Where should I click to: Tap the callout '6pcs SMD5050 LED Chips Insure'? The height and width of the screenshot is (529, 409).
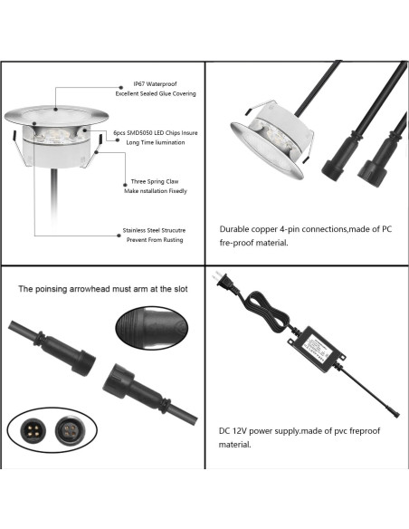coord(156,132)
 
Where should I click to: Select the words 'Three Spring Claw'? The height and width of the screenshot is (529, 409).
coord(151,180)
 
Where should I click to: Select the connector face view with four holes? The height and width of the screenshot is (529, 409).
coord(69,428)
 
